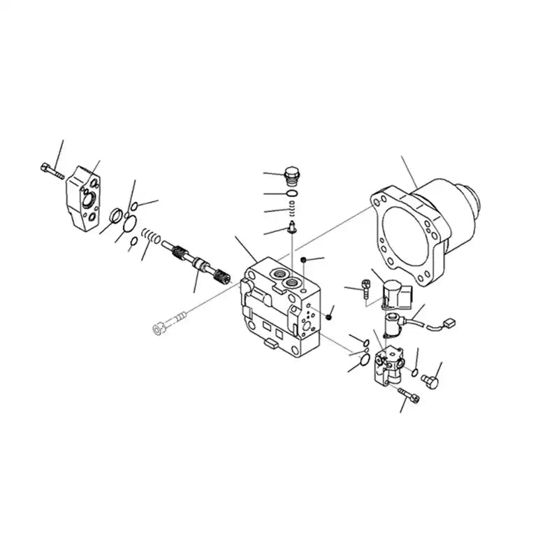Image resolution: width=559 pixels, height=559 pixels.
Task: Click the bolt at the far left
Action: pyautogui.click(x=52, y=170)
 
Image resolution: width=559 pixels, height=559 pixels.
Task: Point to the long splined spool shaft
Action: pyautogui.click(x=199, y=265)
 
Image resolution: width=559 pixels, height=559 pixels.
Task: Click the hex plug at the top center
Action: pyautogui.click(x=293, y=173)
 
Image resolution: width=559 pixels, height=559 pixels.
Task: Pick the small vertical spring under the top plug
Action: pyautogui.click(x=293, y=208)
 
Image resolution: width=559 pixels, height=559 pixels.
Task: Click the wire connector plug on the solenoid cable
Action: pyautogui.click(x=449, y=324)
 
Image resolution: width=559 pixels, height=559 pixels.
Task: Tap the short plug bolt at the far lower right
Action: pyautogui.click(x=430, y=382)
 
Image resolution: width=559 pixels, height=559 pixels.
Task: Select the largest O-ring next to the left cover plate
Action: pyautogui.click(x=129, y=224)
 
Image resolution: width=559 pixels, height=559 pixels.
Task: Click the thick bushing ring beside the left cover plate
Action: pyautogui.click(x=117, y=215)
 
